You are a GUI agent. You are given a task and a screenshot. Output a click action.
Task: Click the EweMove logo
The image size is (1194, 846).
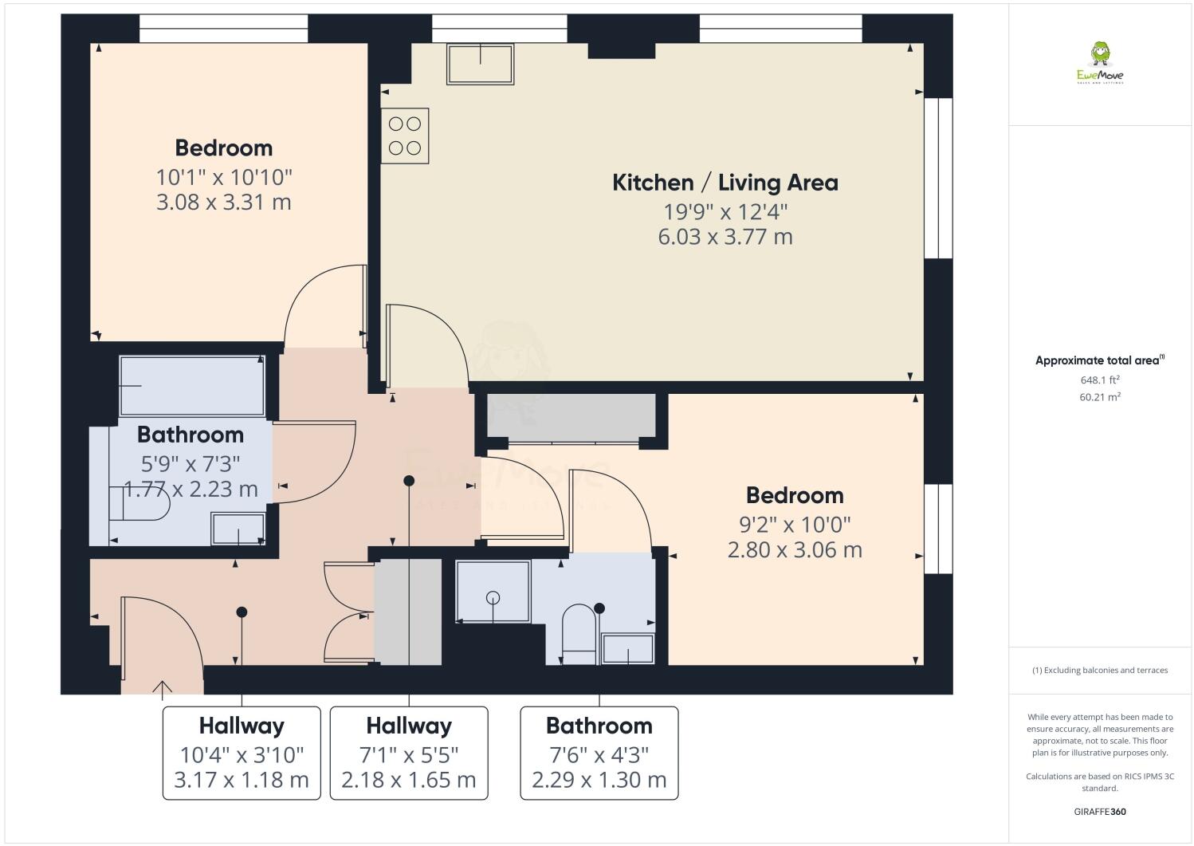click(1100, 64)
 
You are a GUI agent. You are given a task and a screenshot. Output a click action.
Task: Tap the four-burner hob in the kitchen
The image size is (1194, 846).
click(405, 136)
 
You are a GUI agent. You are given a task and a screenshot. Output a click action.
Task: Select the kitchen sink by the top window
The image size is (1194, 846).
click(480, 64)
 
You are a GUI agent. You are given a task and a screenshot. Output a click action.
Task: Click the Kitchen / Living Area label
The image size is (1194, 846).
click(725, 183)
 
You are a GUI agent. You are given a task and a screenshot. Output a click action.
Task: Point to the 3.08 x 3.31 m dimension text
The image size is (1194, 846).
click(224, 202)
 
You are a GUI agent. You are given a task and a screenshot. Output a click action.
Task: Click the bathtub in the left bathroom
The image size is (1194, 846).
click(192, 386)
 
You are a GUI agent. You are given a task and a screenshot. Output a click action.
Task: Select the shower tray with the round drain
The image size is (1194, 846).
click(493, 592)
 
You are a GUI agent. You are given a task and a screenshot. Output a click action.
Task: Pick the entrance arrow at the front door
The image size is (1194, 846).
click(163, 688)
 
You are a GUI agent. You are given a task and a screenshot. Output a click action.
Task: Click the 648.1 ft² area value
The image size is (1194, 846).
click(1100, 380)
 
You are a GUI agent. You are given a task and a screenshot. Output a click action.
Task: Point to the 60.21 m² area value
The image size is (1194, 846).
click(1100, 397)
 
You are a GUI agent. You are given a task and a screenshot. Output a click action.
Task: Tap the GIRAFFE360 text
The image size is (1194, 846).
click(1100, 813)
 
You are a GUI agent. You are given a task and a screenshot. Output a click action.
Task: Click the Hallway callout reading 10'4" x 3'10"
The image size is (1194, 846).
click(242, 753)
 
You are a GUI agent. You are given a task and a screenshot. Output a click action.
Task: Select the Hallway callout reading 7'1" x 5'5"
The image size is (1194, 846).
click(409, 753)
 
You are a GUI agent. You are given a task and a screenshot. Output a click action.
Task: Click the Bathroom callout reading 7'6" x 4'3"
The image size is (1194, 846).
click(599, 753)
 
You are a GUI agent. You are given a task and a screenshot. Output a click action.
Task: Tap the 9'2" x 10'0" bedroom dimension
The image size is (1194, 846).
click(795, 524)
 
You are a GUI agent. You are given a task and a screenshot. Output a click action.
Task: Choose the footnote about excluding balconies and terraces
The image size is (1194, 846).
click(1100, 670)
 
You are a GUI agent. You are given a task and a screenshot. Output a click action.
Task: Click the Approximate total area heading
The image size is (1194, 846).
click(1098, 360)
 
